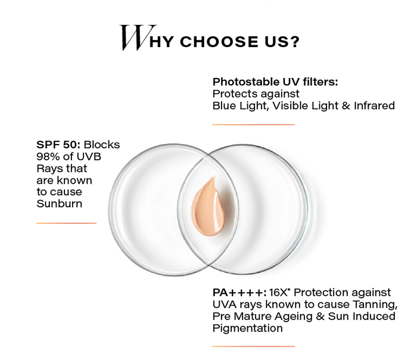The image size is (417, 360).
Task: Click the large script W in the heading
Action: coord(138,37)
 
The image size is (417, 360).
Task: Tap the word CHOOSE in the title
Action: coord(219,42)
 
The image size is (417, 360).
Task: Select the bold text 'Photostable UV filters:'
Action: coord(275,82)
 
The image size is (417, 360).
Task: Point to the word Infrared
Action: coord(374,106)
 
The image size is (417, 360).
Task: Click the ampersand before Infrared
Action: coord(346,106)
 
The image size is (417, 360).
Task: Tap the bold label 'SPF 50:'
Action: coord(58,145)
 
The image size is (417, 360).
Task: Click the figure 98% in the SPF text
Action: coord(48,156)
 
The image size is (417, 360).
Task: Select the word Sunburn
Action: coord(60,204)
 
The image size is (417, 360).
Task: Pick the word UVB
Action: coord(89,156)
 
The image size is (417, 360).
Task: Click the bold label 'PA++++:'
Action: coord(239,293)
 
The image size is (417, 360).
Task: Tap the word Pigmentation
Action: coord(248,328)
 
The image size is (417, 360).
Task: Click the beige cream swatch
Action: coord(208,207)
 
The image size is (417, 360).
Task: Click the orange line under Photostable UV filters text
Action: coord(254,124)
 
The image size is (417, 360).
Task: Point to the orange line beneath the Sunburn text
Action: coord(67,223)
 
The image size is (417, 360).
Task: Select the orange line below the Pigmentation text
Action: coord(254,346)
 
